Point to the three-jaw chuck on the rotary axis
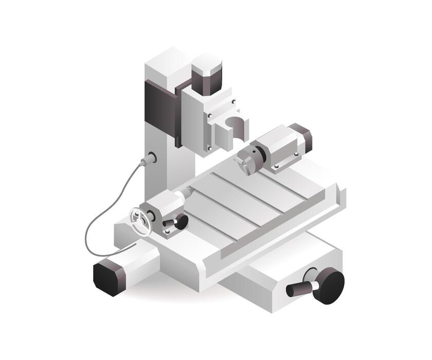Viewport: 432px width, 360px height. tap(249, 160)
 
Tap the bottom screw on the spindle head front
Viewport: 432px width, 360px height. tap(209, 149)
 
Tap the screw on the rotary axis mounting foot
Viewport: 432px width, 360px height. tap(276, 167)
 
